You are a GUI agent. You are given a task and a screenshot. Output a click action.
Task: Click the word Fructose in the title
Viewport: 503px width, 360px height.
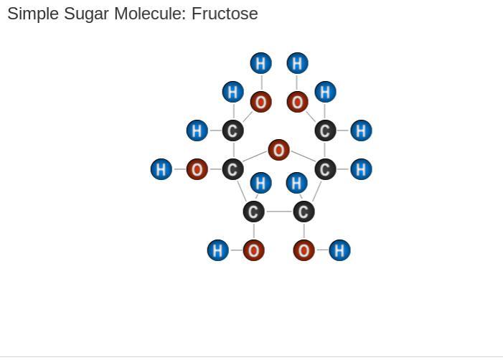225,14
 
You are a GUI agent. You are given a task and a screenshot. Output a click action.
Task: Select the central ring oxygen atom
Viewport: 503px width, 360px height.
278,150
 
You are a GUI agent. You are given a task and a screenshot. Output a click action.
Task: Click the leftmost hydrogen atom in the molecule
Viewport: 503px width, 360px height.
161,170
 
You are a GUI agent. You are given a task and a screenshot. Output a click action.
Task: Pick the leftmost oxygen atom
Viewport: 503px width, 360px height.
197,170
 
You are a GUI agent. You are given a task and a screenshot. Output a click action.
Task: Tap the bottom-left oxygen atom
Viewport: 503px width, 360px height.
253,250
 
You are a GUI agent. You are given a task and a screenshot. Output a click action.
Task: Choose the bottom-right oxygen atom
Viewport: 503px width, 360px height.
304,250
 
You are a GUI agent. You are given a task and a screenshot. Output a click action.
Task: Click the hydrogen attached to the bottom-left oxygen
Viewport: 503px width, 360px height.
217,250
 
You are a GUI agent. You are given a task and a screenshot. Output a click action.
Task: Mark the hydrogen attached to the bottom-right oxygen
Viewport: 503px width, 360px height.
339,250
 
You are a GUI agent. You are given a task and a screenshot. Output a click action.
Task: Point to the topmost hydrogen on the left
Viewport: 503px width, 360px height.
260,63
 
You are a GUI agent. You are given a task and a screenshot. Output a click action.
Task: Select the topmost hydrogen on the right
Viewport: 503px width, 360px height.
297,63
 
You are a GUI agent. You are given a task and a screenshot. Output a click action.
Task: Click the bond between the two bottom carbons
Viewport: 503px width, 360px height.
278,212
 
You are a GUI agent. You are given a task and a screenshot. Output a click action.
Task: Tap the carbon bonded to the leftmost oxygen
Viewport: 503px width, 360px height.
232,170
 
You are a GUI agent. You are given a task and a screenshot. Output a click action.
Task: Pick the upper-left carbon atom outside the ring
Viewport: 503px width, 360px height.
232,131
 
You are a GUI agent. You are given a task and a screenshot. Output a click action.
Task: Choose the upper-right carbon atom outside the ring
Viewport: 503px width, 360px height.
325,131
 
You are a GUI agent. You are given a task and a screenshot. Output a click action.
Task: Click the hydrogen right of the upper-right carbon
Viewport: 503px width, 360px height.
361,131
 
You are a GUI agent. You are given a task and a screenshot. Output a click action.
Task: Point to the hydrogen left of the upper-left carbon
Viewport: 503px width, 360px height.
197,131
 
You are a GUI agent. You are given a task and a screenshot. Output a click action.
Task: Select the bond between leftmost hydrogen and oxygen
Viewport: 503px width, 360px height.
179,170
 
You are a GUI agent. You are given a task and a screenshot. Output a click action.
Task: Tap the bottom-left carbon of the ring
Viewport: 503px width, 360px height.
253,212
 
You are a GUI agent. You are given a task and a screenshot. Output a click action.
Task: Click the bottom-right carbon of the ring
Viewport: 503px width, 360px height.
304,212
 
